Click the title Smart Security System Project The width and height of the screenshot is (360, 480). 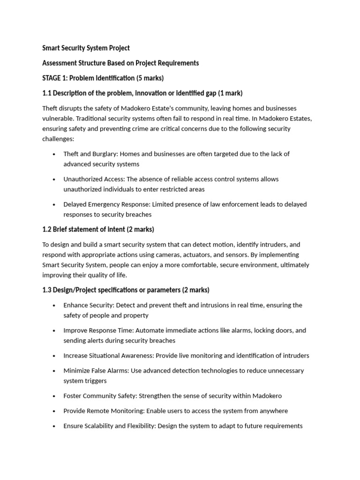[x=86, y=48]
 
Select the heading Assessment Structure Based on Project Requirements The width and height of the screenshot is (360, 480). [x=120, y=63]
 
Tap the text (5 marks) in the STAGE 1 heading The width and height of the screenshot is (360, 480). [x=150, y=78]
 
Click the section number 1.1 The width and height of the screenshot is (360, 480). [x=47, y=93]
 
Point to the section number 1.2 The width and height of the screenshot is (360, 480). [x=47, y=229]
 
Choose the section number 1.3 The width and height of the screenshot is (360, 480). [x=47, y=290]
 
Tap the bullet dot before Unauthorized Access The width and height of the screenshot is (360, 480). [x=54, y=179]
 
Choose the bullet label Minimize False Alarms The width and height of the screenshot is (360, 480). [x=96, y=370]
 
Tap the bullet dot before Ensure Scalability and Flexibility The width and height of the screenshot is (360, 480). [x=54, y=426]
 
